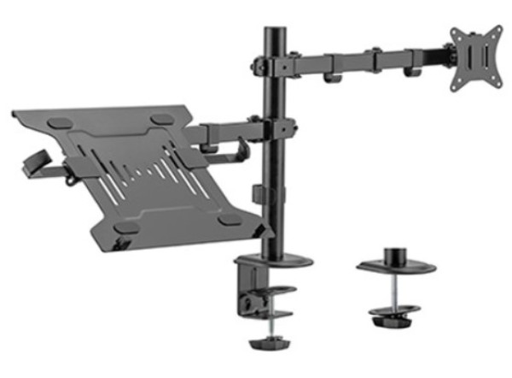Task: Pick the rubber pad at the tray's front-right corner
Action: tap(228, 220)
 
